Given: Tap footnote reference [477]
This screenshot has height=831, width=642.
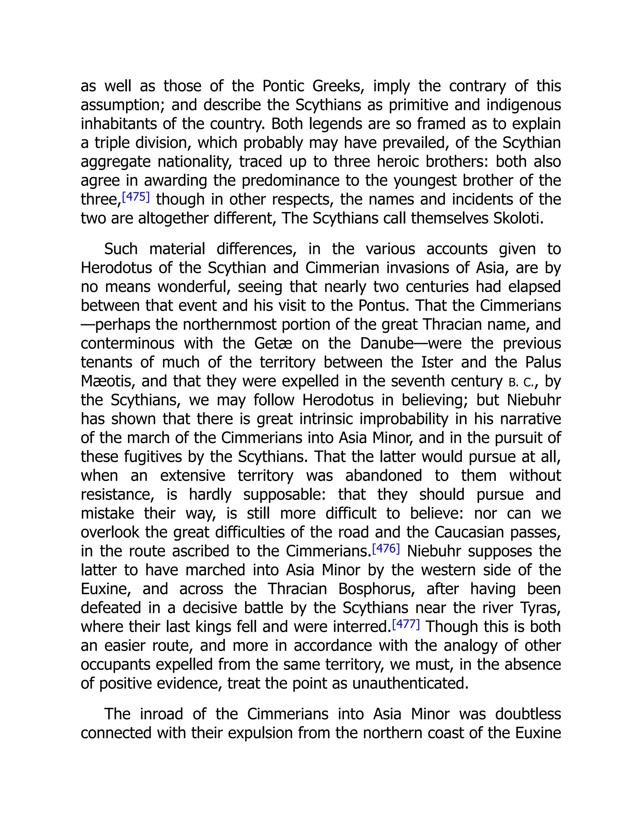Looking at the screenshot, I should point(406,624).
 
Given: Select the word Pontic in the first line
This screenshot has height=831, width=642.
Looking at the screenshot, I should point(283,86).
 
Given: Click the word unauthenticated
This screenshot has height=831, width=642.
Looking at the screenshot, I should point(410,683).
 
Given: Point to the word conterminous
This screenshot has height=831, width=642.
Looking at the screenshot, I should point(127,344).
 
